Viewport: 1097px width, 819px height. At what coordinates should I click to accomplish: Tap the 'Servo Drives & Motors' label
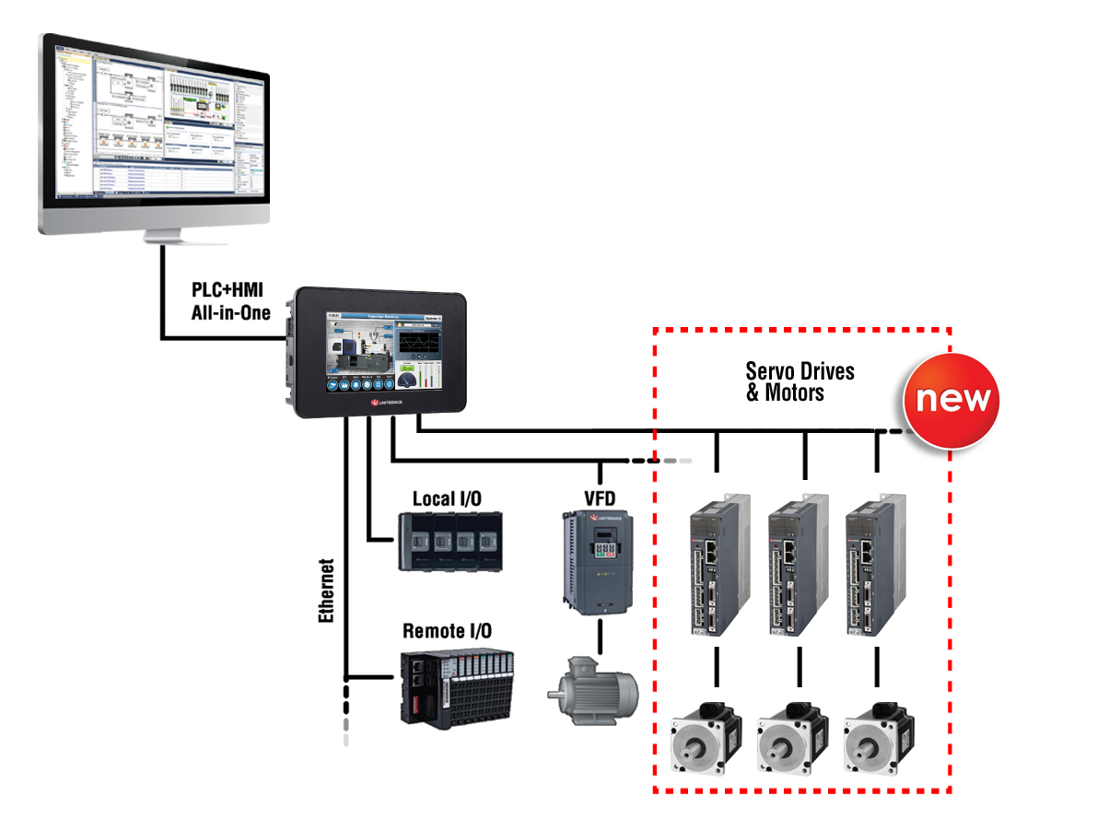[799, 381]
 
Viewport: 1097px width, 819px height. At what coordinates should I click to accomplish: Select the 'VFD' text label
[600, 498]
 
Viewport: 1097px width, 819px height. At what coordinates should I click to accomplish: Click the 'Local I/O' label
[447, 498]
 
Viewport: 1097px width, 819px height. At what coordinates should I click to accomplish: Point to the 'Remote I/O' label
[447, 631]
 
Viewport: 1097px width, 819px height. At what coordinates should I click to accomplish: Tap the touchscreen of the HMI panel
[380, 354]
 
